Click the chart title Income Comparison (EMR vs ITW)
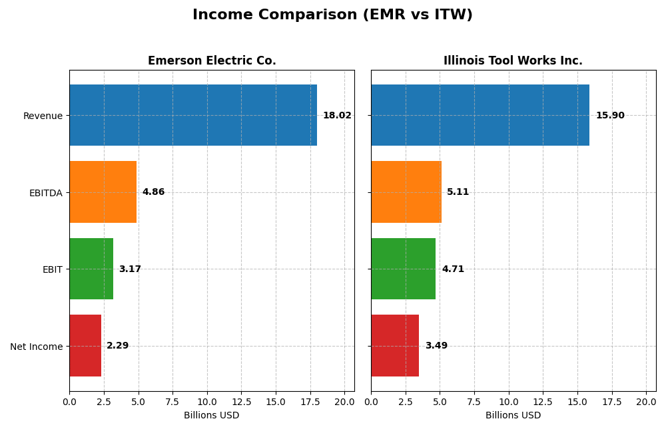point(332,15)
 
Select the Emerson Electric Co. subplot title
point(212,61)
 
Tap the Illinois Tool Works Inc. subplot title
point(513,61)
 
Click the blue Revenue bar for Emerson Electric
point(193,115)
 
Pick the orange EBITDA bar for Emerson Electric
point(103,192)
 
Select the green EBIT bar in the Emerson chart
point(91,269)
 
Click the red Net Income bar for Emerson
point(85,346)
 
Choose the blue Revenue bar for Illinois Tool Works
point(480,115)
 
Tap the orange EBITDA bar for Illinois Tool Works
point(406,192)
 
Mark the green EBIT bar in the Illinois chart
point(403,269)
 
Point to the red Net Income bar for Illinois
point(395,346)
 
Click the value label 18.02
point(337,116)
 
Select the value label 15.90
point(610,116)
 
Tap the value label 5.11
point(458,192)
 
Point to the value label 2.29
point(117,346)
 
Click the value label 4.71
point(453,269)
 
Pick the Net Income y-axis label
point(36,347)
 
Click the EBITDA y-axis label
point(45,193)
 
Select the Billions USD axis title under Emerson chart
point(211,416)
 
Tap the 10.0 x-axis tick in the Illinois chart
point(509,402)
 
